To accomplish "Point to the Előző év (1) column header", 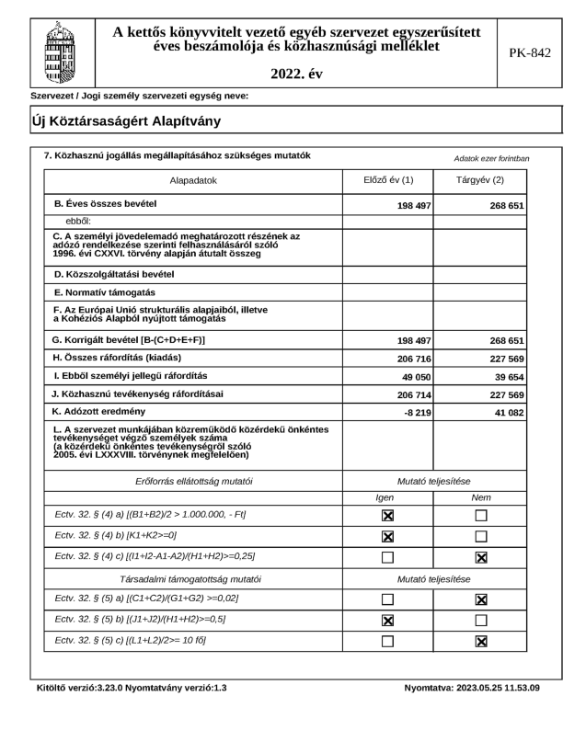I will click(x=388, y=180).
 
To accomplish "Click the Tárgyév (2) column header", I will click(x=480, y=180).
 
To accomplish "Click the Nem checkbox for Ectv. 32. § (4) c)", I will click(x=480, y=557).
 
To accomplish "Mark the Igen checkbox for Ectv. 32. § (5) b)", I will click(x=388, y=621).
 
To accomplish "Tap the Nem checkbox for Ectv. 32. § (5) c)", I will click(x=480, y=642).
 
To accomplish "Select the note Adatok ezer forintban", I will click(x=491, y=158).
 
